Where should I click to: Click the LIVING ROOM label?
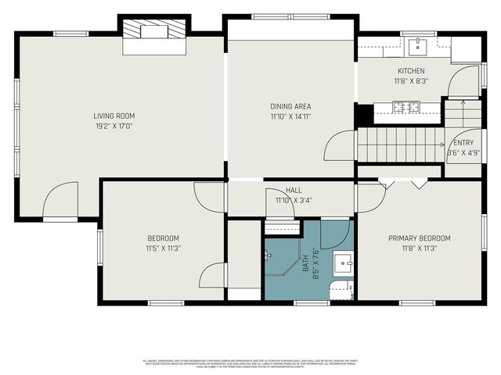click(x=114, y=116)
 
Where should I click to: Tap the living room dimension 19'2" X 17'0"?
click(x=114, y=126)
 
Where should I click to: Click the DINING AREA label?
click(x=290, y=105)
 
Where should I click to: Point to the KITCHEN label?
click(x=409, y=70)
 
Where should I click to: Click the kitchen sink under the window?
click(x=418, y=46)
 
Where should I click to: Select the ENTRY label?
click(x=464, y=142)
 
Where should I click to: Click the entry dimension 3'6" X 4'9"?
click(x=464, y=152)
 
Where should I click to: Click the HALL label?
click(x=294, y=190)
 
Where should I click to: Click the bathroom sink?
click(x=343, y=262)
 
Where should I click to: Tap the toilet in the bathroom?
click(x=338, y=291)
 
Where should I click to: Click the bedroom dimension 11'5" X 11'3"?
click(x=164, y=248)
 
